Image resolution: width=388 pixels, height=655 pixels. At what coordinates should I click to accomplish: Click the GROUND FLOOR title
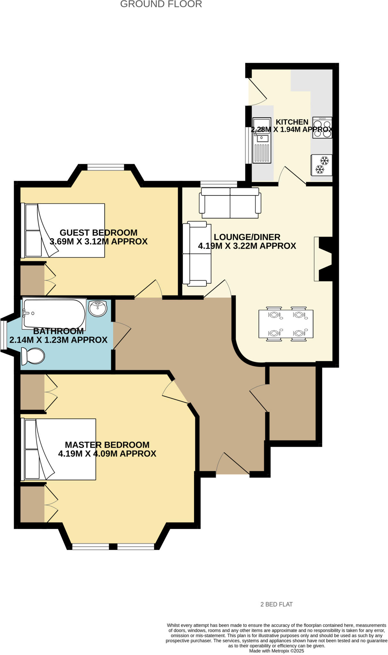[161, 4]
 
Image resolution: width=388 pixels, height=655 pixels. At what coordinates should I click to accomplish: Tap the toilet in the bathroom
[33, 356]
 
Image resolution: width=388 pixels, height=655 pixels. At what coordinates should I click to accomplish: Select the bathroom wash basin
[98, 308]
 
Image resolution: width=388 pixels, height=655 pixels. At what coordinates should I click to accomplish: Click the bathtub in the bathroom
[54, 313]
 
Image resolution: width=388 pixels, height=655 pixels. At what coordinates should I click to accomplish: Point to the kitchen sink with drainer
[262, 140]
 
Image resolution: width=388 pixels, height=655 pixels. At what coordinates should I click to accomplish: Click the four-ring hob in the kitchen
[322, 128]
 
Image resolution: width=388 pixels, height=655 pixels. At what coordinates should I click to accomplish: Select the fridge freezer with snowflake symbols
[321, 165]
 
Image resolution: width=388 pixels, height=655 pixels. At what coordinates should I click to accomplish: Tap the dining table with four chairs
[286, 324]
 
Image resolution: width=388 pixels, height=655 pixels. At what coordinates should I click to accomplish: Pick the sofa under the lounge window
[230, 203]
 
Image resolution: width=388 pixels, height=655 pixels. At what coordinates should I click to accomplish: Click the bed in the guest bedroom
[63, 230]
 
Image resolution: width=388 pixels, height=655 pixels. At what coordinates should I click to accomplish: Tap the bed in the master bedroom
[59, 449]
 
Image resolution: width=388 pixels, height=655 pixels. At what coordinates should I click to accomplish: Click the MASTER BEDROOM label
[107, 445]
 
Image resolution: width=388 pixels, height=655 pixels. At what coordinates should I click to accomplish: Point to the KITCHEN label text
[292, 122]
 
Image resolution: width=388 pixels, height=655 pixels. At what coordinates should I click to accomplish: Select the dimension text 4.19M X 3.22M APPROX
[247, 246]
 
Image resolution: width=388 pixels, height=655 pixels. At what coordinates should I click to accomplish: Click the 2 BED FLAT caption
[277, 604]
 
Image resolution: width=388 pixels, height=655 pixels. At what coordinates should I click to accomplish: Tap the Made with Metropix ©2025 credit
[277, 651]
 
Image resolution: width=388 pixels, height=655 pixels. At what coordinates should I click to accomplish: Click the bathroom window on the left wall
[3, 335]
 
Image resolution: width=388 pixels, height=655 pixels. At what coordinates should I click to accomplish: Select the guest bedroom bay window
[106, 167]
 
